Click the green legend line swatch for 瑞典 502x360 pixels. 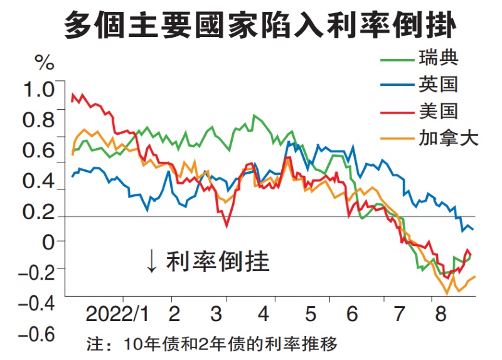397,61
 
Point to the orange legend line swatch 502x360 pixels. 397,138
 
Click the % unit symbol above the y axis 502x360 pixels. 45,63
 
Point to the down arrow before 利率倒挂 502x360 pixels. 151,262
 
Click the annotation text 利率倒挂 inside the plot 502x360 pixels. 218,262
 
